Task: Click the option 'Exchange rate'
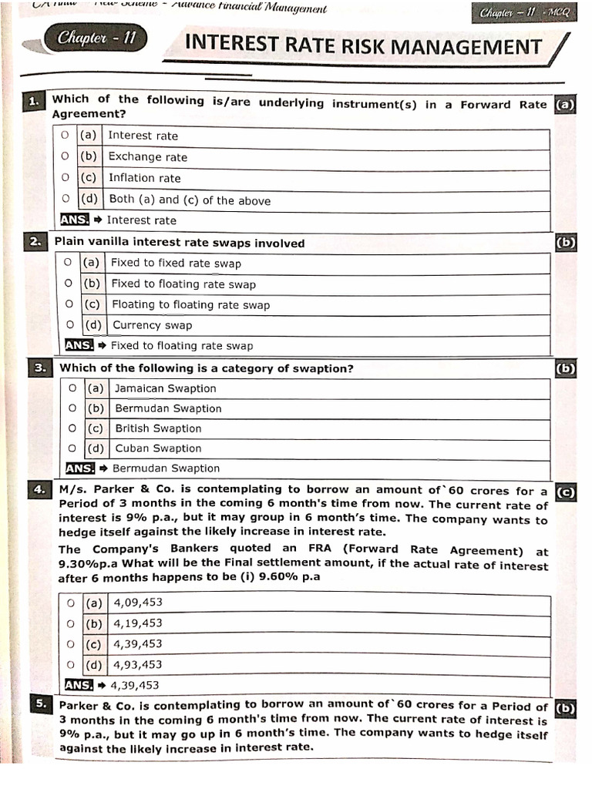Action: coord(147,157)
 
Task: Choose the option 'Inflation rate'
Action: coord(144,178)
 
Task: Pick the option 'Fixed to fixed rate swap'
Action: coord(176,263)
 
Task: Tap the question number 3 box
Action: coord(41,368)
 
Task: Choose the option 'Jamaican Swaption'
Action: coord(165,388)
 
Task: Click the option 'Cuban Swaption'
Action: coord(158,448)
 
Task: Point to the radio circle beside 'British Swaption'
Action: coord(72,428)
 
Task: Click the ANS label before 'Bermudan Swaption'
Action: coord(79,468)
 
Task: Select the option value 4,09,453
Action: coord(138,603)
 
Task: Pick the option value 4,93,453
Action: coord(138,664)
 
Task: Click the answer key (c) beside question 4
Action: coord(565,492)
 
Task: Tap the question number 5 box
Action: coord(41,704)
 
